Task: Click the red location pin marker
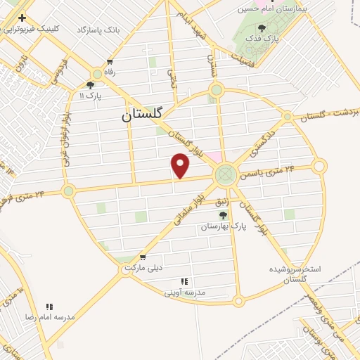(x=181, y=166)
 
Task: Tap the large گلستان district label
(x=141, y=114)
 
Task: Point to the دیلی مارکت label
(x=143, y=269)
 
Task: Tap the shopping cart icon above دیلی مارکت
(x=143, y=257)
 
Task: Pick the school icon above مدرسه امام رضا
(x=50, y=307)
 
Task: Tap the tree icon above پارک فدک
(x=262, y=28)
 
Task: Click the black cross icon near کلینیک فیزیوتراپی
(x=23, y=17)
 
